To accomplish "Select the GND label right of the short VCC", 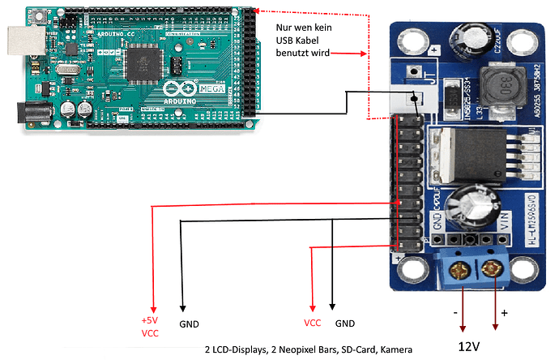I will [x=345, y=322].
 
